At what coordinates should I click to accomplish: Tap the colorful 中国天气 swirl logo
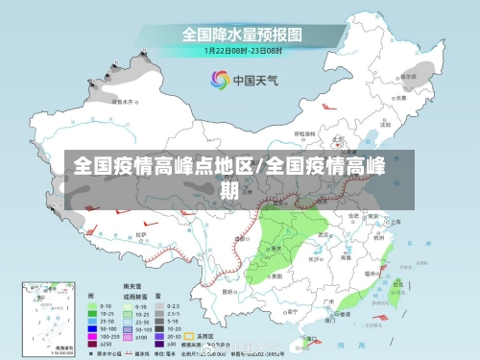pos(220,80)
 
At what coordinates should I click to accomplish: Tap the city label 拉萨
pos(141,233)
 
